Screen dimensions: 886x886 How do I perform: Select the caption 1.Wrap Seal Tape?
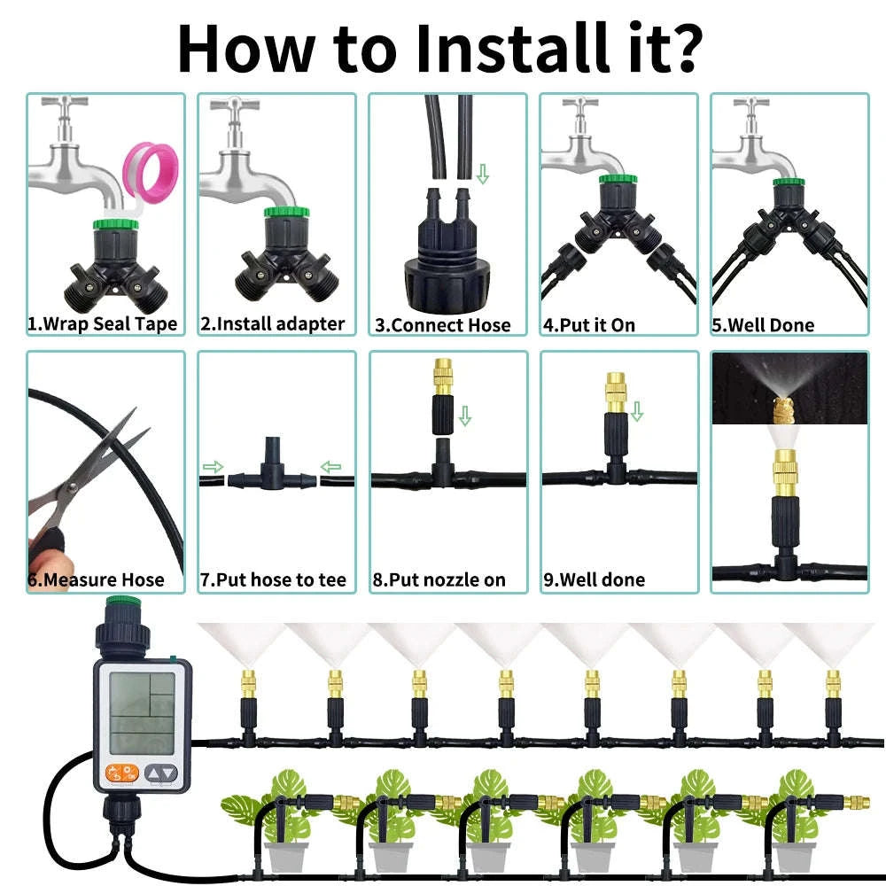103,324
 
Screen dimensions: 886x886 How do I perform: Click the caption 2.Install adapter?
272,324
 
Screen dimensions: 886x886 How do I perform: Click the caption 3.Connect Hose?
443,325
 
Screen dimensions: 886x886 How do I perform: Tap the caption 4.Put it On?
589,325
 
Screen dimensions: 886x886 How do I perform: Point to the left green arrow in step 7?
214,467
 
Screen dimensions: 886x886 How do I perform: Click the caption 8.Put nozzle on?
439,580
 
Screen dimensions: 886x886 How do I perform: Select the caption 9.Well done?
595,580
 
